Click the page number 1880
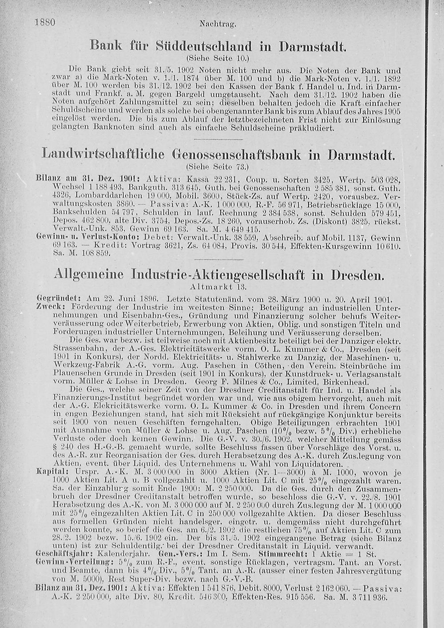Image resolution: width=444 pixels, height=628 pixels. click(44, 22)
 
